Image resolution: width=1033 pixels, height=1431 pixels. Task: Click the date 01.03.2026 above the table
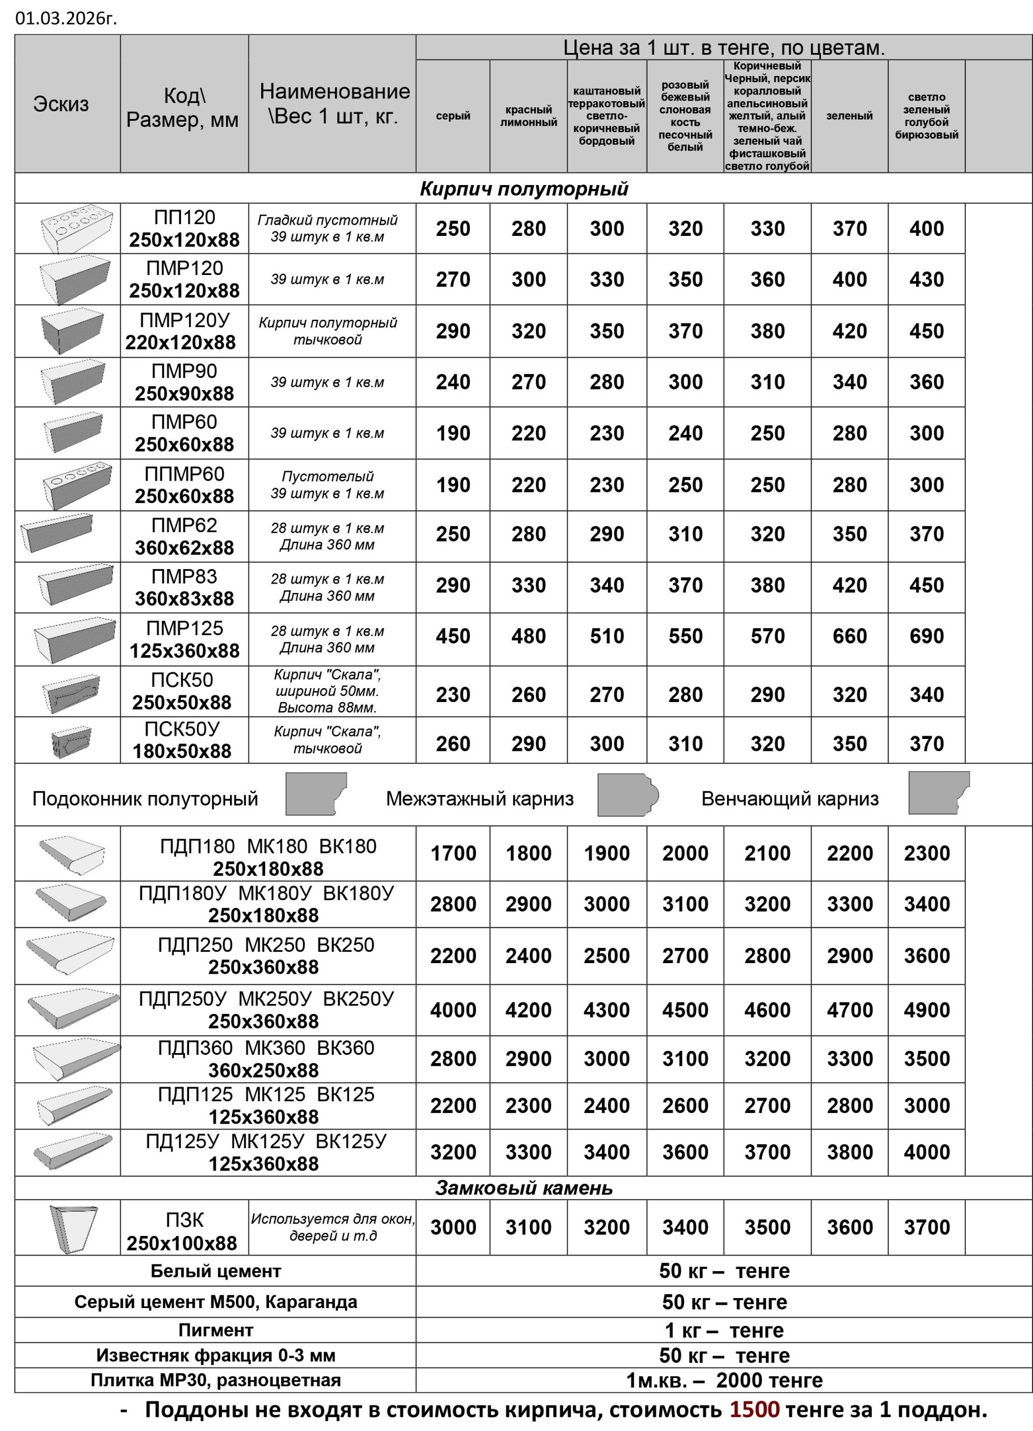[65, 18]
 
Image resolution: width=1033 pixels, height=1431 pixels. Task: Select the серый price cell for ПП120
[452, 229]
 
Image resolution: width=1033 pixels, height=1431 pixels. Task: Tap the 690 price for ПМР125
[926, 636]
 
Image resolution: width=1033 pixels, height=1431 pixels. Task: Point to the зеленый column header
[849, 116]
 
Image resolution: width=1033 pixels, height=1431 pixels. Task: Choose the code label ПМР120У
[185, 320]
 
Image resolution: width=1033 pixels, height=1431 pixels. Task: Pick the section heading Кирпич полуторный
[523, 188]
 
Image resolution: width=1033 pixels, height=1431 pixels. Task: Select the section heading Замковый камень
[523, 1188]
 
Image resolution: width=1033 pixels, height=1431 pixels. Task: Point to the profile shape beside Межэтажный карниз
[627, 794]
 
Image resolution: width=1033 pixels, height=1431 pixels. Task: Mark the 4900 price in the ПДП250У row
[926, 1010]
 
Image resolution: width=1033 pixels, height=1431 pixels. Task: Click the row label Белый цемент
[215, 1271]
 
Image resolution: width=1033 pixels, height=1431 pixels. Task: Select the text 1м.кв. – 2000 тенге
[724, 1380]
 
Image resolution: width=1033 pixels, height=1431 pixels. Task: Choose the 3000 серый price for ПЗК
[452, 1227]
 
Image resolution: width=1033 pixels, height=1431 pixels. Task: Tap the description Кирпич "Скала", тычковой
[327, 740]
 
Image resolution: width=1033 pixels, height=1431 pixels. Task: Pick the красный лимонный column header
[529, 116]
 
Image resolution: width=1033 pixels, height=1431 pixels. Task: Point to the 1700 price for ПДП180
[452, 853]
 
